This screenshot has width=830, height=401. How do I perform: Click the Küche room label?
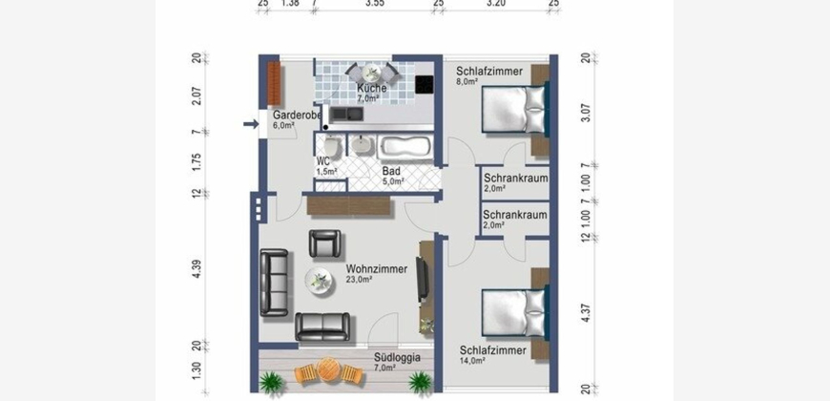(x=372, y=89)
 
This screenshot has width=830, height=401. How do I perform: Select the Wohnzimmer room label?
(x=376, y=269)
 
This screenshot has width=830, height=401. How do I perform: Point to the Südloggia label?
(x=397, y=358)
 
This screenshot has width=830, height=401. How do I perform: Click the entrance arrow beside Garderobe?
(x=251, y=124)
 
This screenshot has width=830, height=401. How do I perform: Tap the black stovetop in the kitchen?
(x=424, y=85)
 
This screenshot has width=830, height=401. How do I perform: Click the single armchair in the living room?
(x=325, y=243)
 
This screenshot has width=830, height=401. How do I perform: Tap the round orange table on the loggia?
(x=328, y=369)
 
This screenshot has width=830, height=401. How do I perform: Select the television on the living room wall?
(x=423, y=279)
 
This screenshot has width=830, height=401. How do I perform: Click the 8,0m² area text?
(x=467, y=81)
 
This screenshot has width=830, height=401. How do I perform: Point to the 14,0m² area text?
(x=472, y=361)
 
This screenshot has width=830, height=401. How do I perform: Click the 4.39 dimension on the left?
(x=197, y=268)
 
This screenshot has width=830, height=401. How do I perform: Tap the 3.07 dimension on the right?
(x=586, y=113)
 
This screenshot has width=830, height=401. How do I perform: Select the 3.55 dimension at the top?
(x=375, y=3)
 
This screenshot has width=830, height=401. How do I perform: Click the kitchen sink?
(x=346, y=114)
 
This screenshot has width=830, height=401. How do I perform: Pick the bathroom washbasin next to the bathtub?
(x=363, y=145)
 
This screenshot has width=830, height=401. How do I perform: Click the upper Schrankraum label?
(x=515, y=179)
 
